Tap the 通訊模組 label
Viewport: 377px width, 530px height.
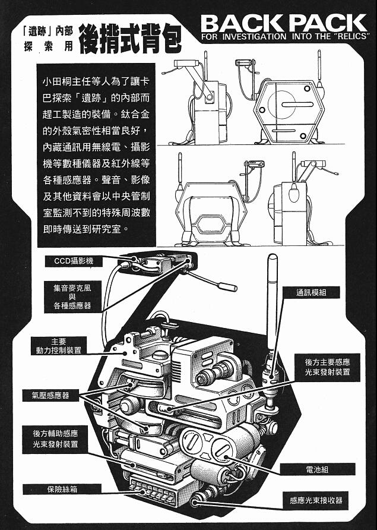click(319, 292)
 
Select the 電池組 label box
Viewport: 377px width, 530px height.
click(325, 469)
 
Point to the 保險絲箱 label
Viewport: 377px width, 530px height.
click(62, 490)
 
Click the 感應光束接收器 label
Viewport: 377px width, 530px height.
click(316, 500)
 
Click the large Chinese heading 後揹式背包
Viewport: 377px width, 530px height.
click(130, 37)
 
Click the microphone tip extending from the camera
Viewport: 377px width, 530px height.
click(227, 287)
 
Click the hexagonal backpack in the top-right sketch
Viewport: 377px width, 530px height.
click(289, 111)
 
